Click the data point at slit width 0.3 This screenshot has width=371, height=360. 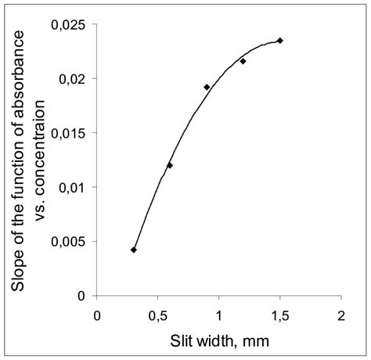tap(134, 250)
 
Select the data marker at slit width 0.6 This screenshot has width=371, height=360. tap(170, 165)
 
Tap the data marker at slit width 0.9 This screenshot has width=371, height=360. tap(207, 87)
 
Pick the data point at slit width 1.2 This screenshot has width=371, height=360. tap(243, 61)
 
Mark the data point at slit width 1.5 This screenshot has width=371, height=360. tap(279, 41)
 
